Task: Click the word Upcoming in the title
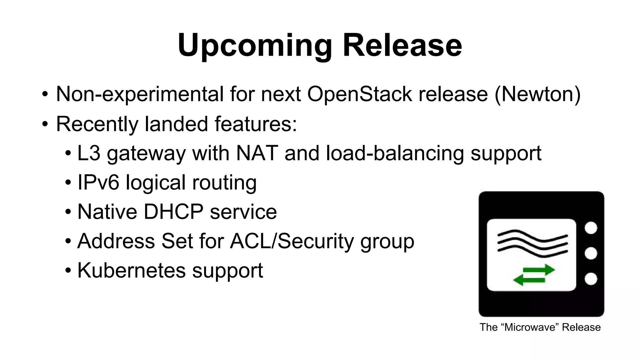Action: [255, 46]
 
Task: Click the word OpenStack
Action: [359, 94]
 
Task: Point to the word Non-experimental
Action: [140, 94]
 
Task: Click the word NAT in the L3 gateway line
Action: [257, 153]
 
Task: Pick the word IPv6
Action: [98, 182]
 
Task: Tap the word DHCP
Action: [173, 212]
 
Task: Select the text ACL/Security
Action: [292, 241]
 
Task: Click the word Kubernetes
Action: [131, 270]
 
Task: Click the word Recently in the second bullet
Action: [97, 124]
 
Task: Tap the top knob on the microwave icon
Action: [591, 227]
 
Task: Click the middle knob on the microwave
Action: [591, 253]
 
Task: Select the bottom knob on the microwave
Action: [591, 279]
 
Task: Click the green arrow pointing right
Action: [539, 270]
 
